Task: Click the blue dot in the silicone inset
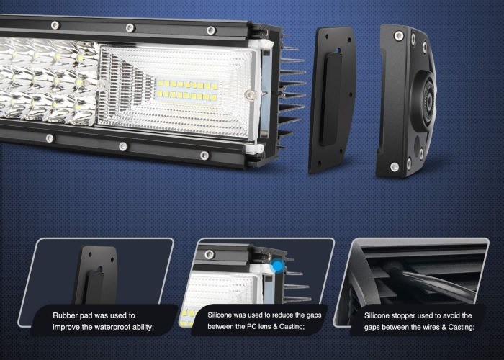coord(277,266)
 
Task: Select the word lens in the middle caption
coord(264,327)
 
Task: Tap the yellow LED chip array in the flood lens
coord(187,90)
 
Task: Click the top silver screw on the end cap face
coord(399,35)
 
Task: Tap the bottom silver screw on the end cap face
coord(395,167)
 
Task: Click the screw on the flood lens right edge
coord(250,94)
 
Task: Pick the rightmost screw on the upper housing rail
coord(210,30)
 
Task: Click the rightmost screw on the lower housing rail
coord(204,156)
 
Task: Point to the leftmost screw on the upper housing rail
coord(55,25)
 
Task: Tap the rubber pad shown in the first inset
coord(96,276)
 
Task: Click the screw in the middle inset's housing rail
coord(210,254)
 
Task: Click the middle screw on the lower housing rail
coord(123,147)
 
